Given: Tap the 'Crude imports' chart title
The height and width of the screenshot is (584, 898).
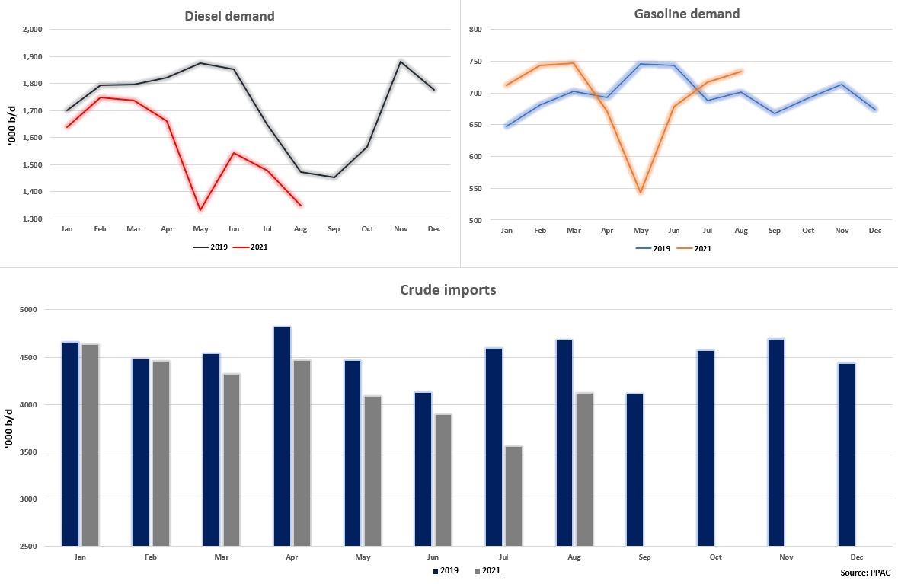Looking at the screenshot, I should point(449,290).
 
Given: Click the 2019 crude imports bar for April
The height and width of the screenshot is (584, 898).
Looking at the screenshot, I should point(282,436).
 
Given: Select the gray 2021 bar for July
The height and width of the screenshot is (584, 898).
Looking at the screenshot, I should point(513,496).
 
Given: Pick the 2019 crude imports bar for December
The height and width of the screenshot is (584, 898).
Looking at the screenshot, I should point(846,455).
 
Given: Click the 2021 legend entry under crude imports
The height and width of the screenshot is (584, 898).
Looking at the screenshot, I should point(487,570).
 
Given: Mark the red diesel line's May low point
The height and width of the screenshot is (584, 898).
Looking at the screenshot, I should point(200,209).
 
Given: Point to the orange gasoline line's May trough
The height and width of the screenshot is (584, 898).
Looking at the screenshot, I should point(641,192).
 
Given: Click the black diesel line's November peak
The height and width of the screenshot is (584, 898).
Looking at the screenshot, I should point(401,62).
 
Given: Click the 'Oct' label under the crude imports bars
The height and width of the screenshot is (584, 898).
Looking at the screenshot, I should point(715,557).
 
